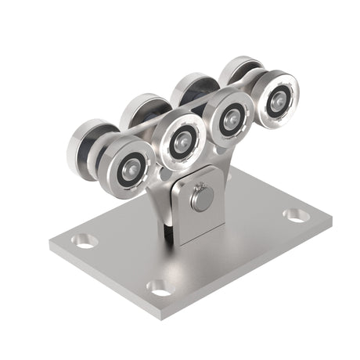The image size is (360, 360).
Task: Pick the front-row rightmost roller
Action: (x=275, y=96)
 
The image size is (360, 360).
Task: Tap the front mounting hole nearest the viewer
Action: (x=160, y=288)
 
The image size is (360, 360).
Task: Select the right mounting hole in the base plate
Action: (x=295, y=213)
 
